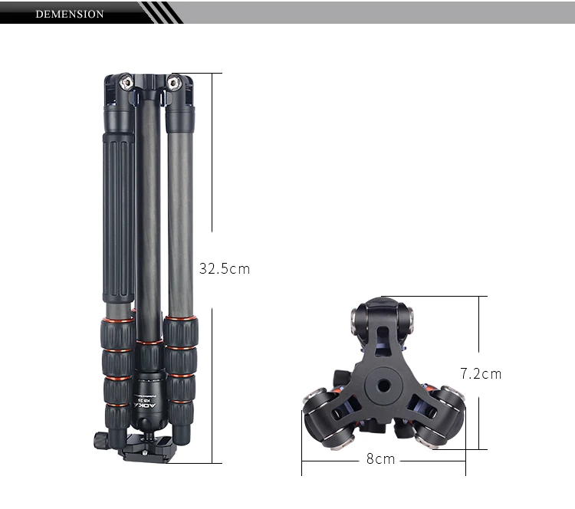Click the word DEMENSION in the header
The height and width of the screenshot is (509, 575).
(69, 14)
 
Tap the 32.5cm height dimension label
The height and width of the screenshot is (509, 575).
(225, 269)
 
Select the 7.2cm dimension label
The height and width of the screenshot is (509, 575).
(481, 373)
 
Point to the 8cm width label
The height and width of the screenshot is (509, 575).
(380, 459)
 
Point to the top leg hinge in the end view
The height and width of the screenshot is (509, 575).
(380, 315)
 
